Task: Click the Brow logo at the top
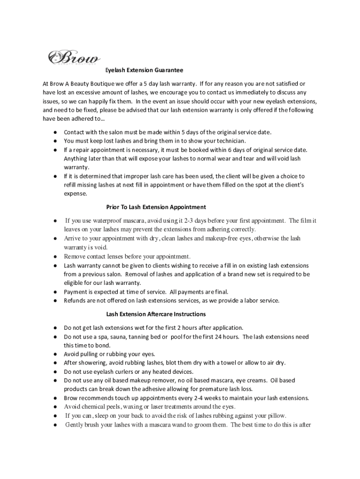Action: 74,58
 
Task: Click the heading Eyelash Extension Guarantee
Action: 144,70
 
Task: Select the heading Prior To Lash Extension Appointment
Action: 156,207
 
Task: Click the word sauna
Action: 121,337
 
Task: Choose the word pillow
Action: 276,416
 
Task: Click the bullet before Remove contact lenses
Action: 55,256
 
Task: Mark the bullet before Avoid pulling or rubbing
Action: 55,354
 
